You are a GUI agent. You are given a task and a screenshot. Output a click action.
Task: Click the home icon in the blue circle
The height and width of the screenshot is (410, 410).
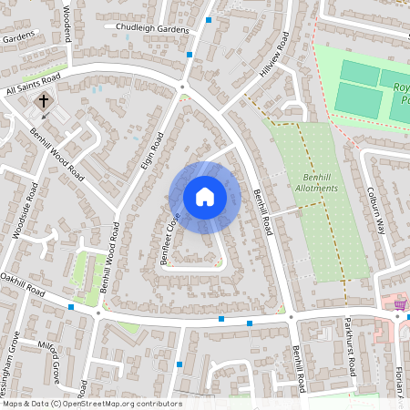pyautogui.click(x=205, y=197)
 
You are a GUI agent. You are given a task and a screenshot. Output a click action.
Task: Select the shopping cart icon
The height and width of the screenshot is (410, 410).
pyautogui.click(x=398, y=303)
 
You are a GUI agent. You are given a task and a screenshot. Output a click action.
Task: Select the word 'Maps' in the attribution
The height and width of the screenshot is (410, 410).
pyautogui.click(x=14, y=404)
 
